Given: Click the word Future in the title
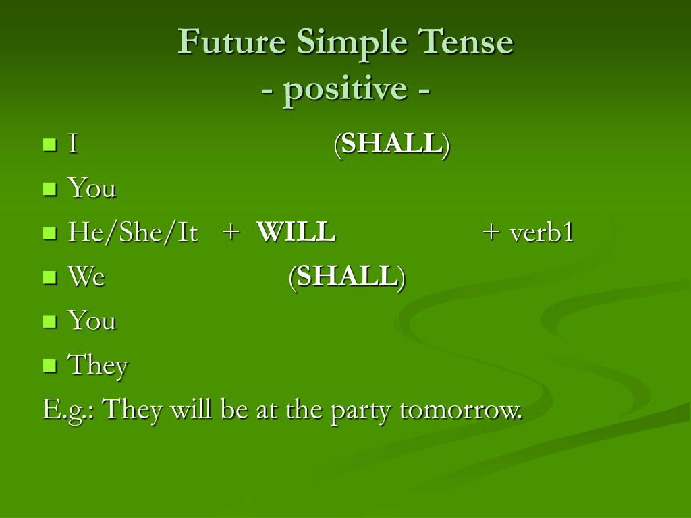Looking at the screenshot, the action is (232, 41).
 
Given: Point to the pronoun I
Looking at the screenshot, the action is (73, 144).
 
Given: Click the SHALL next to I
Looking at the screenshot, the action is (392, 144).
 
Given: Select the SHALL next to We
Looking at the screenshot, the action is (347, 277).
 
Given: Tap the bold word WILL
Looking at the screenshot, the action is (296, 232).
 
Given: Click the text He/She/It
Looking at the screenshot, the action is (133, 232).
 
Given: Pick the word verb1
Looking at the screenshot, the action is (542, 232).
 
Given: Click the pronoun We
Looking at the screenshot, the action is (86, 277).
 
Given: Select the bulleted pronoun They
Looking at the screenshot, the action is (98, 366).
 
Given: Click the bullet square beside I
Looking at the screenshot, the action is (50, 144).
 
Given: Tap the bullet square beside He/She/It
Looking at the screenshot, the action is (50, 233).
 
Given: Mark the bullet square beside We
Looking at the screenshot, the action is (50, 277).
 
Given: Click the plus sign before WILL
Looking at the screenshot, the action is (231, 232).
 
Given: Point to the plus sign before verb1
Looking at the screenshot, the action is (491, 232).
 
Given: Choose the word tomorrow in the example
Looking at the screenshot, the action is (461, 409).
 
